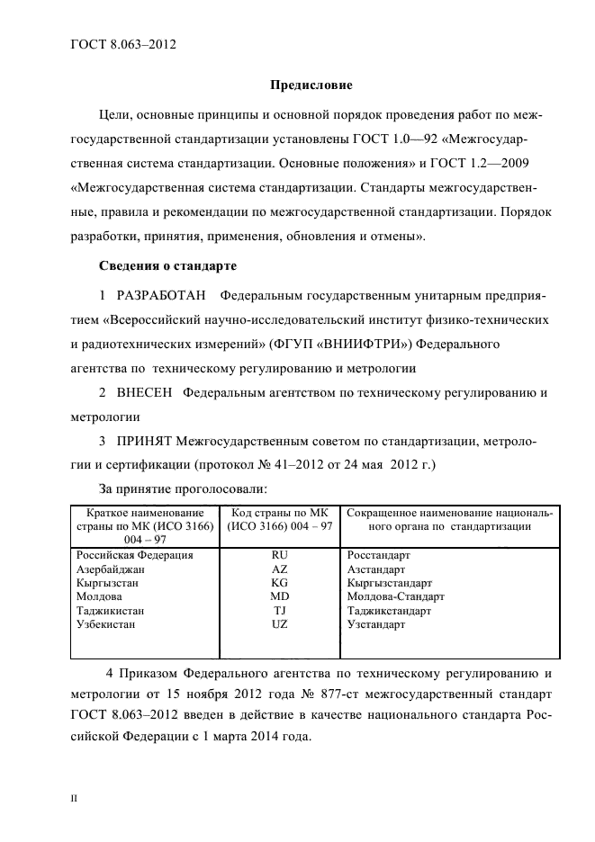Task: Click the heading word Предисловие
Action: point(311,86)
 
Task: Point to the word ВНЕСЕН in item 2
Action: point(144,393)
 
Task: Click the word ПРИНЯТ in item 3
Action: point(145,442)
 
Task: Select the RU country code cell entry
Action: point(279,556)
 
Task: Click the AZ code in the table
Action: point(279,569)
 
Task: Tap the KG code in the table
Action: point(279,583)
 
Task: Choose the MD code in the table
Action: point(279,596)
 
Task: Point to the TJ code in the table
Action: point(279,610)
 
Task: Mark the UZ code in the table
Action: point(279,623)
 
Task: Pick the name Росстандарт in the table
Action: point(379,556)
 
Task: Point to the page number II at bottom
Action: point(75,798)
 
